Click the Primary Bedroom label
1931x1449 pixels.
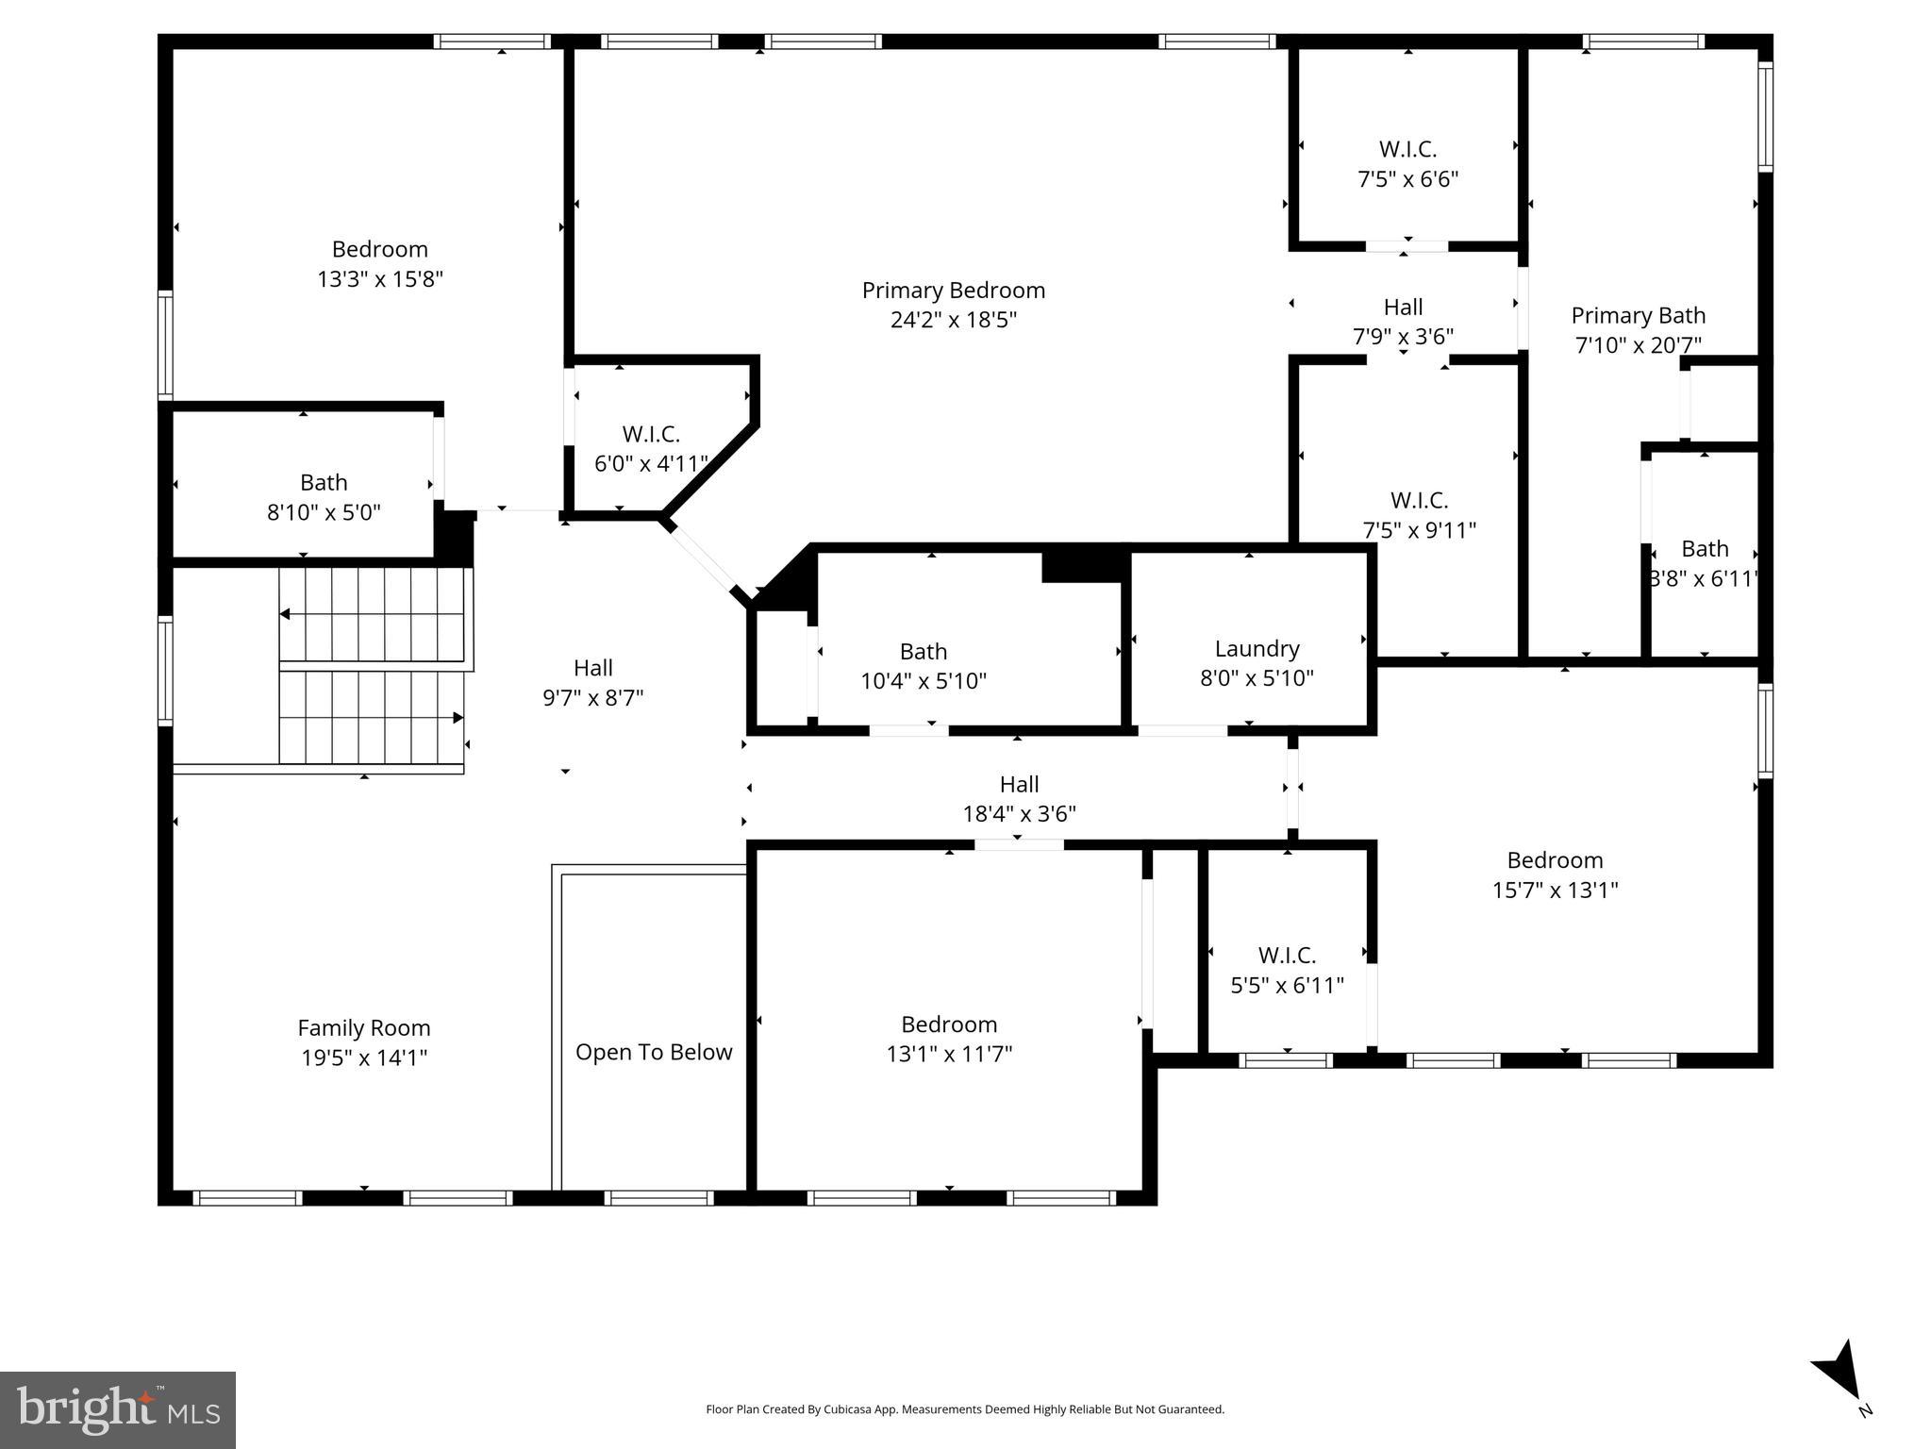point(953,291)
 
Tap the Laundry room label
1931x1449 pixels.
point(1257,649)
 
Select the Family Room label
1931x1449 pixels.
point(364,1028)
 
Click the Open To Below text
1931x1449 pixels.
point(654,1053)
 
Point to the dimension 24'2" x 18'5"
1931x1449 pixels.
point(953,320)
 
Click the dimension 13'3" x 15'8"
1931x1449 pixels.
point(380,279)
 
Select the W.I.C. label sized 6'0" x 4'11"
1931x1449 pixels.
point(651,435)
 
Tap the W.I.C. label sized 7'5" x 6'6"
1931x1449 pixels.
point(1407,149)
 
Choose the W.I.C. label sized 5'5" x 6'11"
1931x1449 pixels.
point(1287,956)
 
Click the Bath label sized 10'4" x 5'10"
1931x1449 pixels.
point(923,652)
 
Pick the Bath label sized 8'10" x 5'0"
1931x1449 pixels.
point(324,483)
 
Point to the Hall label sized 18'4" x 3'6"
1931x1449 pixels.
point(1019,785)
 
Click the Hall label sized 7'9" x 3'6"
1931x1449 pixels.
point(1403,308)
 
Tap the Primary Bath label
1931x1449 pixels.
point(1638,316)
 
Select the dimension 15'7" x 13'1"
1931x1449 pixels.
point(1555,890)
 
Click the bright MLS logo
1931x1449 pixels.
point(118,1410)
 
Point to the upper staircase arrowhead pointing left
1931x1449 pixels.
point(285,615)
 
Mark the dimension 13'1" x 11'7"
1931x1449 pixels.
point(949,1054)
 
